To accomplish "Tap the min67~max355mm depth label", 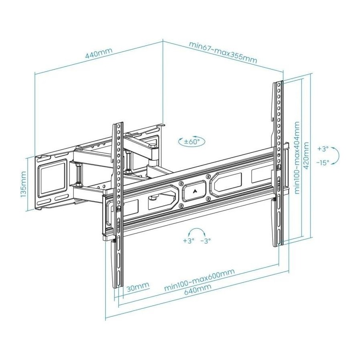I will pos(223,52).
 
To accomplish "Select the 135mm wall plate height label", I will pos(24,184).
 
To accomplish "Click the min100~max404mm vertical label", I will pos(297,158).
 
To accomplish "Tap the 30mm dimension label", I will pos(137,287).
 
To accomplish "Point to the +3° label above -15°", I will pos(322,148).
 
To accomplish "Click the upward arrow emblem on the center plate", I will pos(194,191).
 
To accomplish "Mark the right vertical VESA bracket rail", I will pos(278,164).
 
